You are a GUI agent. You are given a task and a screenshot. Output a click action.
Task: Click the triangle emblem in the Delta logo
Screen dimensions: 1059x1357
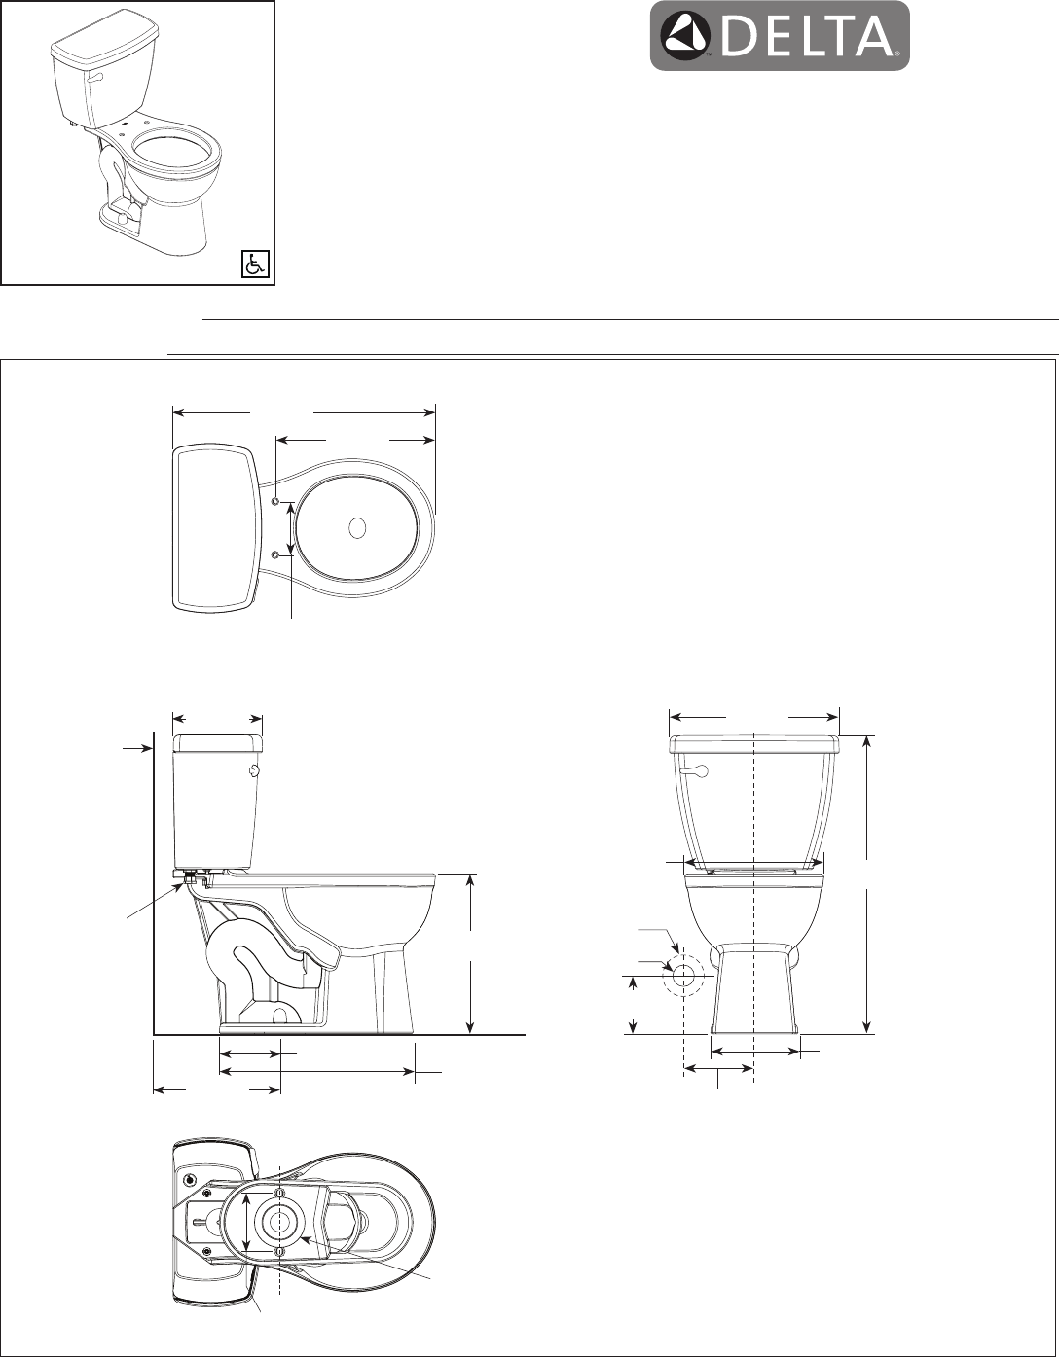(684, 36)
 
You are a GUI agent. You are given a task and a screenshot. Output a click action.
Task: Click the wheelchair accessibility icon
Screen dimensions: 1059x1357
(254, 265)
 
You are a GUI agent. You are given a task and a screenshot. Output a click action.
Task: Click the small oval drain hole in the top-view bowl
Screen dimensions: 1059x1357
(357, 527)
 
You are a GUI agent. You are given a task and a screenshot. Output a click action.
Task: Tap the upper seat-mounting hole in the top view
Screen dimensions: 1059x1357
(275, 502)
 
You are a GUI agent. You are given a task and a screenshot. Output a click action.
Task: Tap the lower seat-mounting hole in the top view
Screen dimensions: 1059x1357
(275, 554)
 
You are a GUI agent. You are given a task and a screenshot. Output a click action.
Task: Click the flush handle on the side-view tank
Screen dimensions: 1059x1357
(254, 772)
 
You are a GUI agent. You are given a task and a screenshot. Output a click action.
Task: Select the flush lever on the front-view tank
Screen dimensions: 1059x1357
(696, 772)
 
